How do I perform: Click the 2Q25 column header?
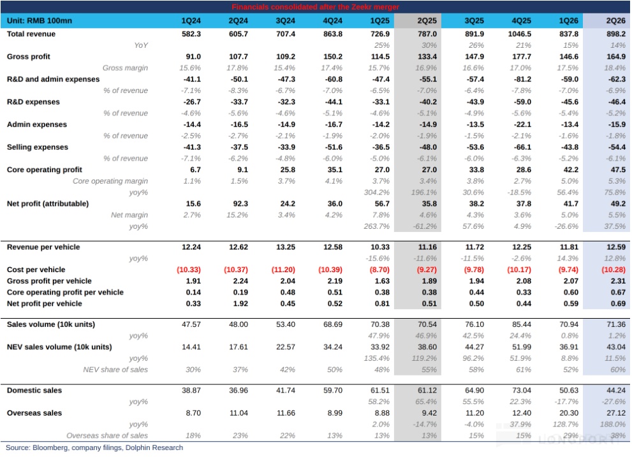click(x=427, y=20)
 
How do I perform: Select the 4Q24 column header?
click(x=332, y=20)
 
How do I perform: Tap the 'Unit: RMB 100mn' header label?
click(x=40, y=20)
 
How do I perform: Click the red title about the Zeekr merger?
click(x=315, y=7)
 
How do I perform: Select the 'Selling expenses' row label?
click(x=38, y=147)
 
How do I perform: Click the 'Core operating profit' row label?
click(x=45, y=170)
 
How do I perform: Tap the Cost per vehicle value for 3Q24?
click(x=283, y=270)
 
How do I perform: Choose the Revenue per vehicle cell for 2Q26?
click(x=616, y=247)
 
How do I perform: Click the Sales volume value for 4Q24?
click(x=332, y=324)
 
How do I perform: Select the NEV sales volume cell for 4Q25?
click(x=522, y=347)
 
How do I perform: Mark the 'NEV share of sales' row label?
click(x=115, y=370)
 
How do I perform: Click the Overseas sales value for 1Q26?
click(x=569, y=413)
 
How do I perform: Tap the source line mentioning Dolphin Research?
click(x=94, y=447)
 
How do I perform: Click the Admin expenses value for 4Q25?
click(x=522, y=124)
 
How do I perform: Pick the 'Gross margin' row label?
click(x=125, y=68)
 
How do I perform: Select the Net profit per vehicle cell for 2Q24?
click(x=240, y=303)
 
